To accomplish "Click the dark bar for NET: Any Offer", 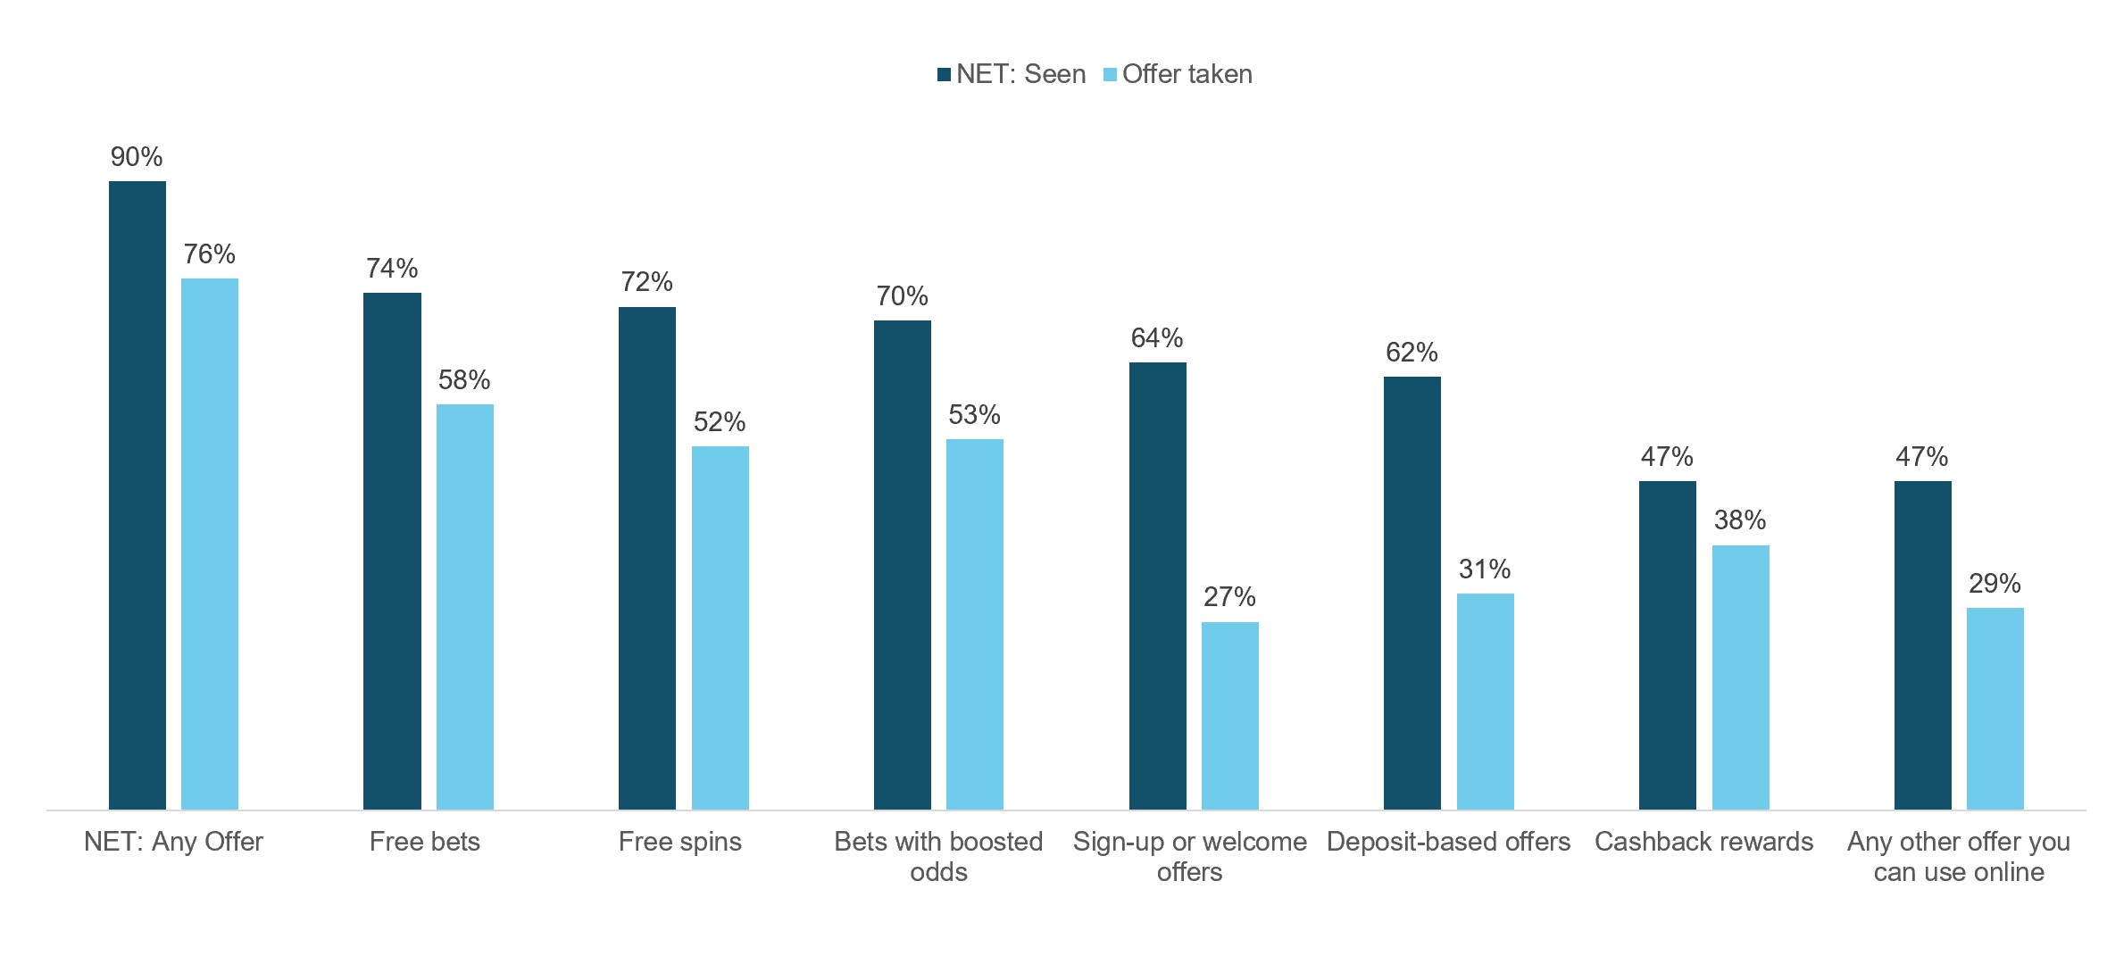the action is (137, 495).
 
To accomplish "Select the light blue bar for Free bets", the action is (465, 607).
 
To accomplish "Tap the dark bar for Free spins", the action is (647, 558).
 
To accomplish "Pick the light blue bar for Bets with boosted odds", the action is (975, 624).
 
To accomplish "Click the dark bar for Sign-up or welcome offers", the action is (1158, 586).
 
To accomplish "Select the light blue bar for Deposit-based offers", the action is (1486, 702).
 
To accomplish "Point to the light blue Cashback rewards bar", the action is (1741, 677).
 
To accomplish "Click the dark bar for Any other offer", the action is (1923, 645).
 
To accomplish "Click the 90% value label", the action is (137, 157).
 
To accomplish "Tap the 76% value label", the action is (210, 254).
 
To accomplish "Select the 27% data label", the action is (1230, 597).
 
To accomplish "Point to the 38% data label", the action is (1740, 520).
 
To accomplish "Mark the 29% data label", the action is (1995, 584).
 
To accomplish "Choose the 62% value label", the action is (1412, 353).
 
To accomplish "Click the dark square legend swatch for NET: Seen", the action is (944, 75).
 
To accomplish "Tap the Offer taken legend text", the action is (1187, 74).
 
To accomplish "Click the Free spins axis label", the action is (680, 842).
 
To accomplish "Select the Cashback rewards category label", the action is (1704, 842).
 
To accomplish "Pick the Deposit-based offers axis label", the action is (1449, 842).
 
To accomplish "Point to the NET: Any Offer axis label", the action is (174, 842).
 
